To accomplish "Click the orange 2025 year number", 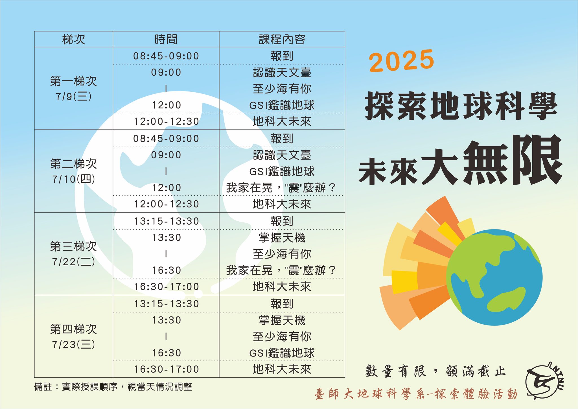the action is coord(401,60).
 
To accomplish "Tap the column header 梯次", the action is coord(74,39).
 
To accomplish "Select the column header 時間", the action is coord(166,39).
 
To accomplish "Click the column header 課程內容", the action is coord(282,39).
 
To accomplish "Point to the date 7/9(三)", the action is coord(74,97).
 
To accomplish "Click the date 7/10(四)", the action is coord(74,179).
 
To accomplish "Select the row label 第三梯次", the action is coord(74,246).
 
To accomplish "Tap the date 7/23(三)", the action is coord(74,344).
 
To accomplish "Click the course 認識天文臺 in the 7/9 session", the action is coord(282,73).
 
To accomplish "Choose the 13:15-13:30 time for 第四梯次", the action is coord(167,304).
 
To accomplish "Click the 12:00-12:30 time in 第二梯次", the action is coord(167,204).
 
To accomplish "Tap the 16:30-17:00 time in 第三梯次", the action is coord(167,287).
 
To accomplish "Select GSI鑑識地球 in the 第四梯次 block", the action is coord(282,353).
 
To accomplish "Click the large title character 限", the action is coord(537,160).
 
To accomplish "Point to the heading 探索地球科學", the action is coord(461,106).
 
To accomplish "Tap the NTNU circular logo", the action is coord(544,380).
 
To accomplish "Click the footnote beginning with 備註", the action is coord(113,387).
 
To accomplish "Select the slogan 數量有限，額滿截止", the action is coord(435,371).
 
